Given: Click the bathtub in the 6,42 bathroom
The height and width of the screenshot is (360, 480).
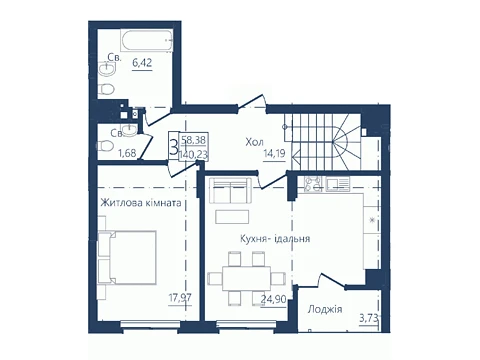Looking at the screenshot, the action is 147,41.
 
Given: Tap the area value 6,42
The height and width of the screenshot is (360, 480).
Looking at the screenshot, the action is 142,62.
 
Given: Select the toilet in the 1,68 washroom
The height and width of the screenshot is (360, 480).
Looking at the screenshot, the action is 105,146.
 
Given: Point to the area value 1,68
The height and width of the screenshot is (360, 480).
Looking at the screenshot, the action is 127,153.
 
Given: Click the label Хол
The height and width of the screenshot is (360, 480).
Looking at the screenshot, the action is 254,142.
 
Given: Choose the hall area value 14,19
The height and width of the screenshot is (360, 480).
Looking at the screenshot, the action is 274,155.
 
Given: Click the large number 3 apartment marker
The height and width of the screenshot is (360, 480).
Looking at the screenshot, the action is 174,147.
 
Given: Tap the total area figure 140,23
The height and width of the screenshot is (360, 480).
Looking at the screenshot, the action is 193,155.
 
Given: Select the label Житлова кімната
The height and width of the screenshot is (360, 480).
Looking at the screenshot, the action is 141,203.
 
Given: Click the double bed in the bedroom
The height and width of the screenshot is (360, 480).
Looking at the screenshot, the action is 127,257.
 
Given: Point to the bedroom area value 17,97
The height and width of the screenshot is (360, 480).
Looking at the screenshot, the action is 180,297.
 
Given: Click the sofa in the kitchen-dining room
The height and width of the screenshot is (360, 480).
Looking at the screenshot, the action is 230,190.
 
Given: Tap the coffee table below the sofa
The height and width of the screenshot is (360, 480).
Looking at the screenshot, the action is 232,217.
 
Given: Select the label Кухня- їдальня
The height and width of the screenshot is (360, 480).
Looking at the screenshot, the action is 275,239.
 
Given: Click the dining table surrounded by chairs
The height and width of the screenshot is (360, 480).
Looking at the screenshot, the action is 246,278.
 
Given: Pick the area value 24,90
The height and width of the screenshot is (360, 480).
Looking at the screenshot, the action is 273,299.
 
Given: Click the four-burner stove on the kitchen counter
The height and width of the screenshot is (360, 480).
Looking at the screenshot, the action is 314,184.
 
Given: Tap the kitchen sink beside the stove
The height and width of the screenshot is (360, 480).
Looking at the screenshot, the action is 338,184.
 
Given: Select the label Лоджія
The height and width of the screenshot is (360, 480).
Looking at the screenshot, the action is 325,309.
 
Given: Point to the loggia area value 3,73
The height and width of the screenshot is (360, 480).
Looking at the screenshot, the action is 369,318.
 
